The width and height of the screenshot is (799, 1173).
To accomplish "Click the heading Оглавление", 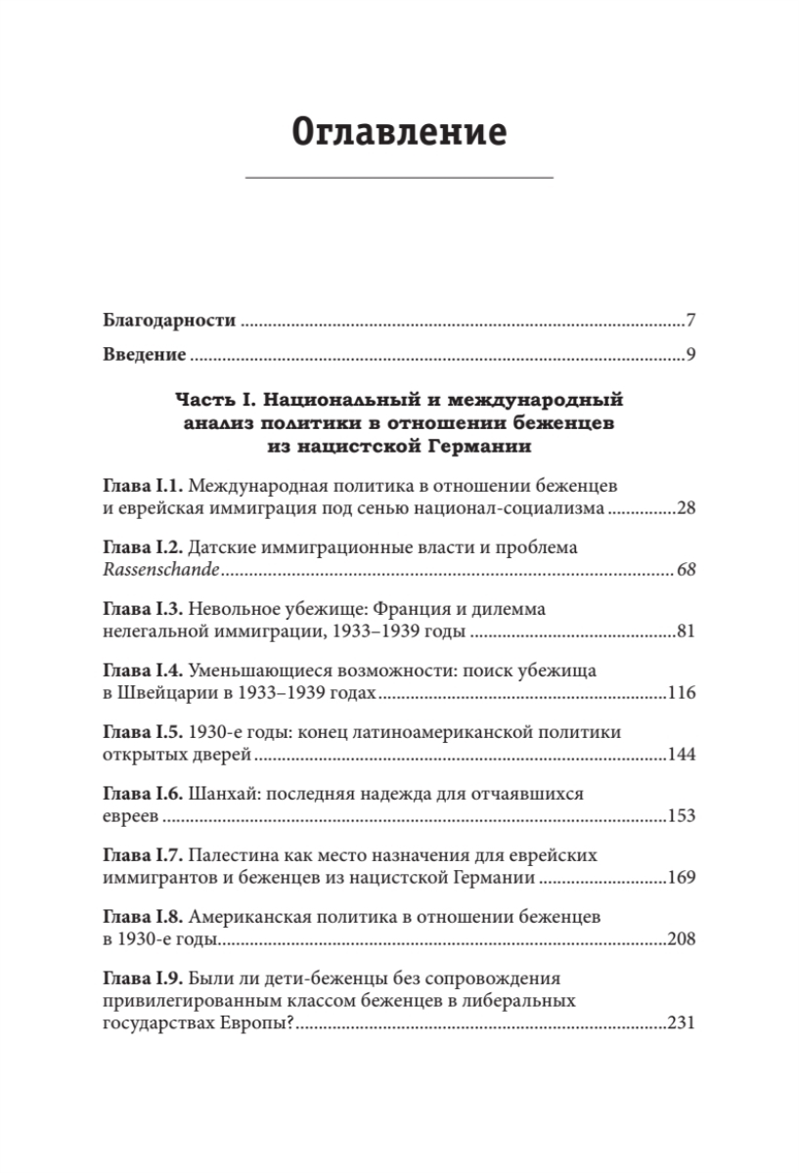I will click(399, 130).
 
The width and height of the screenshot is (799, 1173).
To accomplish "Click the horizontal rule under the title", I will click(399, 177).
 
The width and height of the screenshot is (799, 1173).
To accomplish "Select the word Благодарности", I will click(169, 321).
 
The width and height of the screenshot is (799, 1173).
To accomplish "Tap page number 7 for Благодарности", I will click(689, 321).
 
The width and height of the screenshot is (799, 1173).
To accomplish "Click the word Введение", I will click(145, 353).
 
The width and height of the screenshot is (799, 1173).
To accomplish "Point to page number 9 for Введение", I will click(689, 353).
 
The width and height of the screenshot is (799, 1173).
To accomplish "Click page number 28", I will click(684, 508).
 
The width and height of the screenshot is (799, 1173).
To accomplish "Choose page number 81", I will click(685, 631).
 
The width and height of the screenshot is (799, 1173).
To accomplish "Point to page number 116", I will click(681, 693).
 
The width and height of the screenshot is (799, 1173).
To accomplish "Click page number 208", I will click(681, 939).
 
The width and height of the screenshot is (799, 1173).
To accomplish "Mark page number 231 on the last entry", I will click(681, 1023).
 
